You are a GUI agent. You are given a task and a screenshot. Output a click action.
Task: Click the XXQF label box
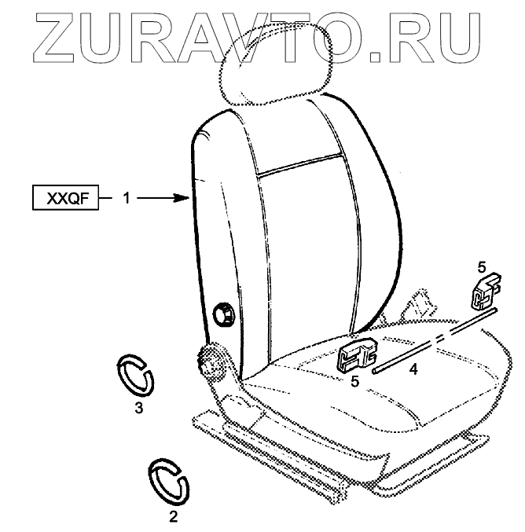click(66, 198)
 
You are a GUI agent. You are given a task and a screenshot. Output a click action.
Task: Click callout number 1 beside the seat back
click(126, 199)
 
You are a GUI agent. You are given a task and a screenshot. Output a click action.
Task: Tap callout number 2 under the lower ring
click(174, 516)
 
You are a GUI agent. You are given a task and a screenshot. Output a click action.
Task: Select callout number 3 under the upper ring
click(138, 407)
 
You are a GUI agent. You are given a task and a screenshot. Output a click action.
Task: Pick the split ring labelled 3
click(136, 375)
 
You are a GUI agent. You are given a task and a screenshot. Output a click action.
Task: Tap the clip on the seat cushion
click(358, 354)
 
